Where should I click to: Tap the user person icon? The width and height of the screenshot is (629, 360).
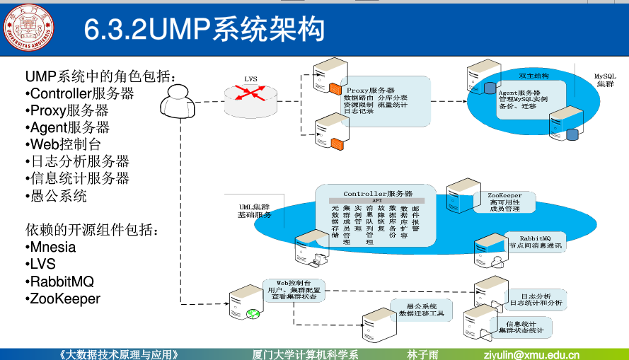click(175, 103)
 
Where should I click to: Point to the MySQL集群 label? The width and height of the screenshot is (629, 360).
click(605, 79)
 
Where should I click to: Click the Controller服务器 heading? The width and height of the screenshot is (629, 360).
click(378, 193)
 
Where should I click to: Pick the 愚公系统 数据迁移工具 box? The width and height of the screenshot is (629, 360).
click(422, 310)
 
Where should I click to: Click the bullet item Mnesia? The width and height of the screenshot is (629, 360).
click(52, 248)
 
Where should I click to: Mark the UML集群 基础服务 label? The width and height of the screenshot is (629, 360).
click(254, 211)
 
